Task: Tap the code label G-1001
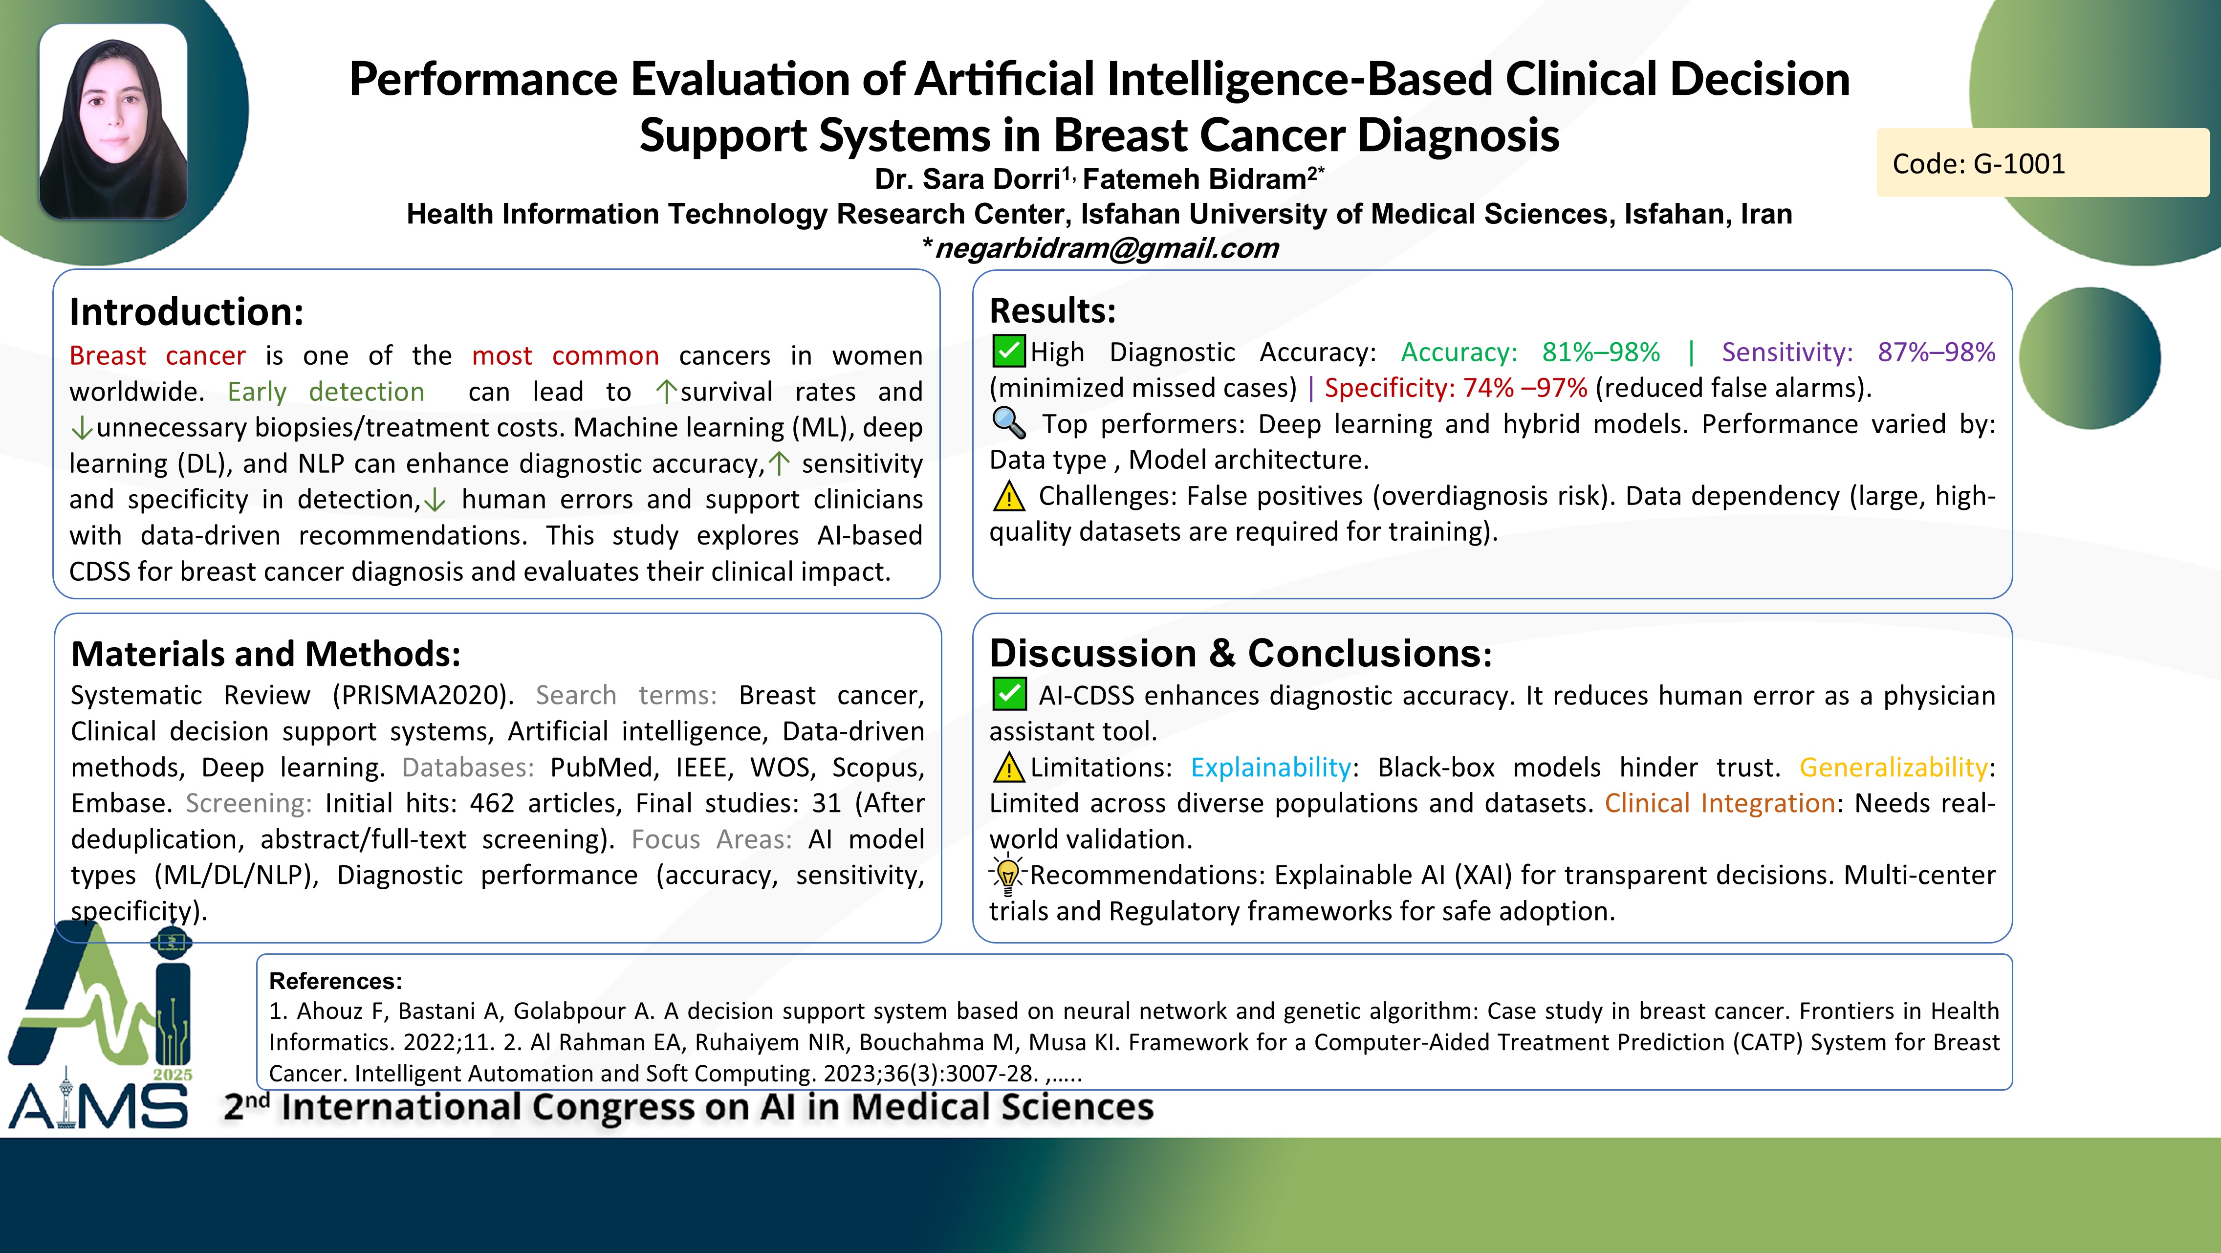pos(1979,163)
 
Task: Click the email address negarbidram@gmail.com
pos(1106,248)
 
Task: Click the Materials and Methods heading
pos(265,654)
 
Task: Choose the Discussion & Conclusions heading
pos(1241,653)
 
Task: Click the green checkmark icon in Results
pos(1009,351)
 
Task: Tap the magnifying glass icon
pos(1009,422)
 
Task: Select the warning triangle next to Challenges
pos(1009,496)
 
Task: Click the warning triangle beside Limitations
pos(1009,767)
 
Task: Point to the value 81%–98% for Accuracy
pos(1601,352)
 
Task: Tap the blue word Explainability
pos(1271,768)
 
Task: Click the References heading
pos(335,981)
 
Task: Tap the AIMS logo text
pos(98,1105)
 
